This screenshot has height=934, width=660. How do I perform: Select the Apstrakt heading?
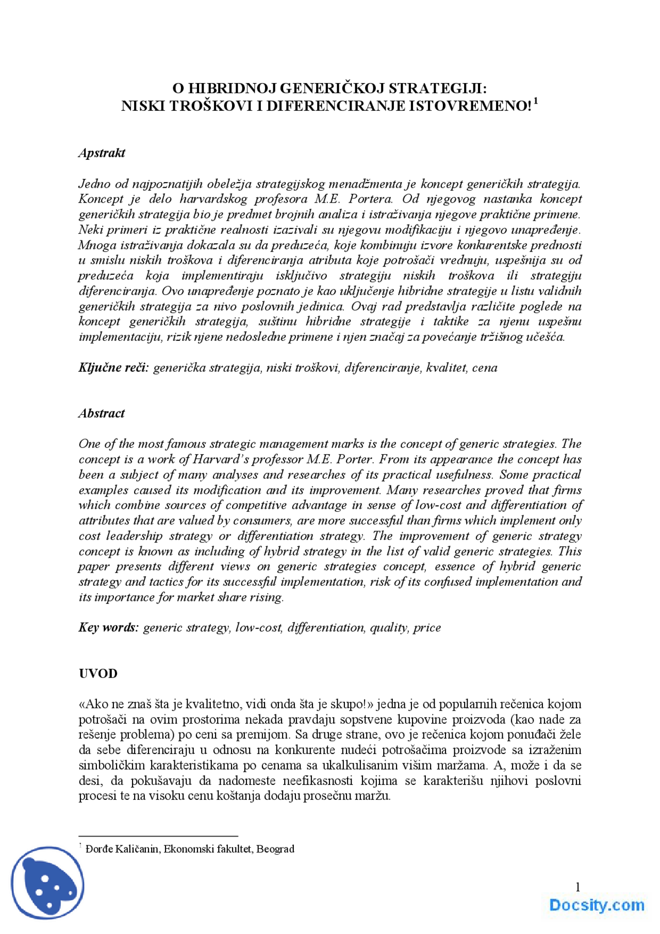point(102,153)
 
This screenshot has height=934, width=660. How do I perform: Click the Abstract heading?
point(102,414)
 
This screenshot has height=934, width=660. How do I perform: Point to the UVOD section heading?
point(98,674)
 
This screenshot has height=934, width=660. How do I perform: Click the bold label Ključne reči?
point(113,368)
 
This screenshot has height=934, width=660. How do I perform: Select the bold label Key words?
point(108,628)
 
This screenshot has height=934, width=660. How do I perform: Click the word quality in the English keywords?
point(389,628)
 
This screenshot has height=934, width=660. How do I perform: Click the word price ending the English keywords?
point(427,628)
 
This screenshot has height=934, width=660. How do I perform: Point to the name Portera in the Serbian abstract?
point(371,199)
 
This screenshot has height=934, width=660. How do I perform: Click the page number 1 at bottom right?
point(577,887)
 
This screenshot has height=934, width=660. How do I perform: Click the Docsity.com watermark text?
point(597,905)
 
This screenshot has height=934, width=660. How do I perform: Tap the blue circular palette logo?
point(47,883)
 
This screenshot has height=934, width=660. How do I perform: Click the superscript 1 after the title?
point(536,101)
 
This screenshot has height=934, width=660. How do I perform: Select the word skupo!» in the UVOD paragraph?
point(354,704)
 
